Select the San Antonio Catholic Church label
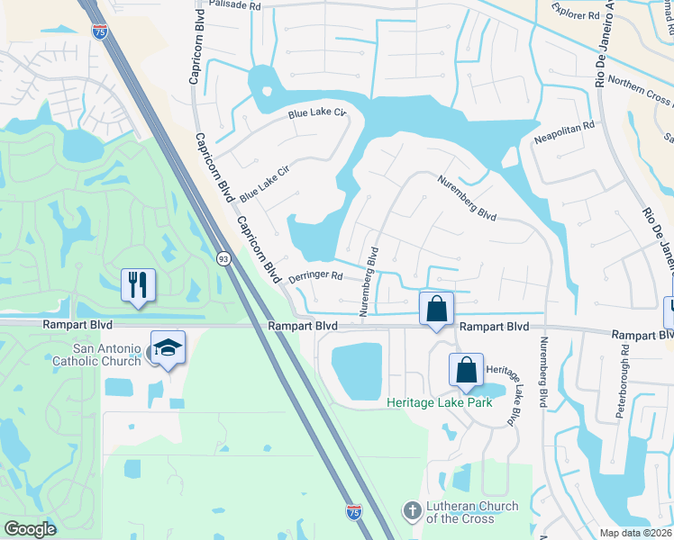108,356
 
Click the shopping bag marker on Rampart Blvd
436,309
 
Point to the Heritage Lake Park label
440,402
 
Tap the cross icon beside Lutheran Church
412,511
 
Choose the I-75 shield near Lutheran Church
356,511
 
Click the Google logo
31,529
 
